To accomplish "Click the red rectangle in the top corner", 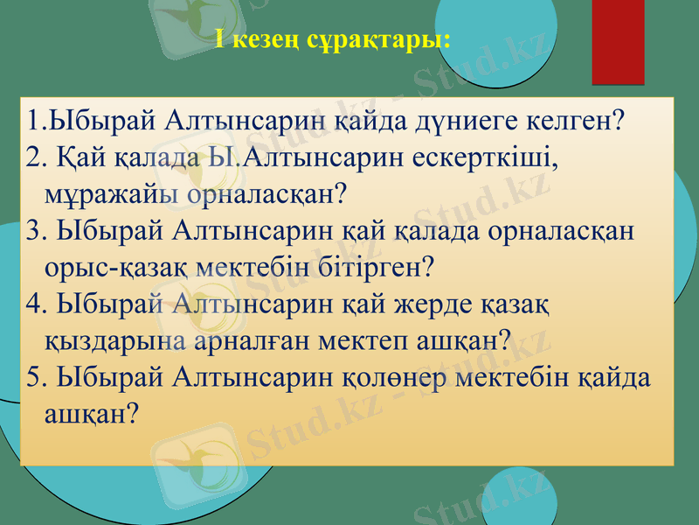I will [618, 41].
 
